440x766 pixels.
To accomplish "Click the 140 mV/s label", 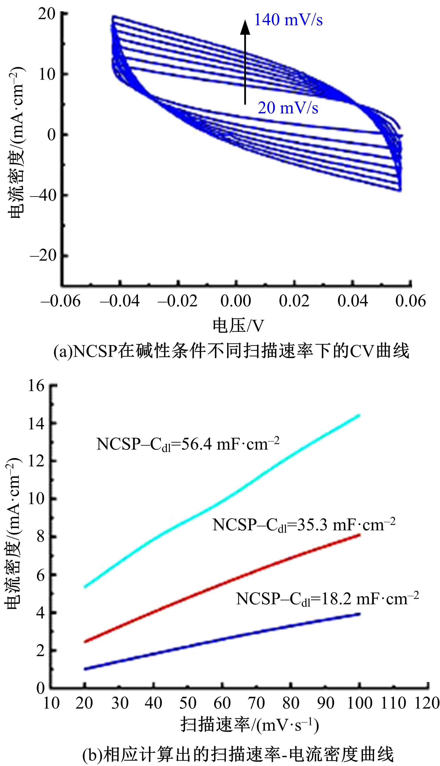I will pos(288,20).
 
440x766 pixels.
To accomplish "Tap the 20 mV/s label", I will pos(288,108).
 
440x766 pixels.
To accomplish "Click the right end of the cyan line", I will pos(359,415).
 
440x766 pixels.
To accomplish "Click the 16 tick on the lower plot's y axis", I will pos(36,386).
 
